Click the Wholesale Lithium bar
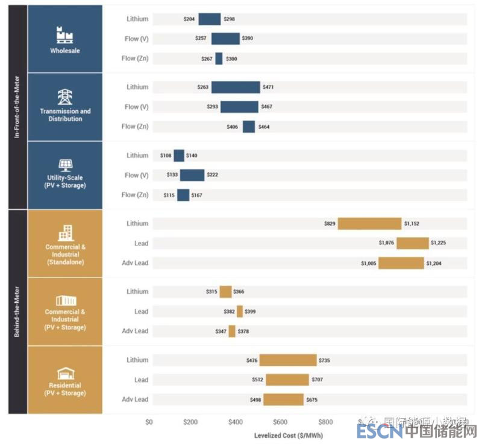point(210,19)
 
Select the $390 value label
point(248,39)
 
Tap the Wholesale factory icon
point(64,34)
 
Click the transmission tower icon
point(64,97)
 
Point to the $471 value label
point(268,87)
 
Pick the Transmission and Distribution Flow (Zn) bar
point(249,127)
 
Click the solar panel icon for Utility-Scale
point(64,165)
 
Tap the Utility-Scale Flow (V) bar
point(192,176)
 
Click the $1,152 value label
point(412,224)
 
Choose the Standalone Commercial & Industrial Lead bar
point(412,243)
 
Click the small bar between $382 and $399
point(240,311)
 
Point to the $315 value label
point(211,292)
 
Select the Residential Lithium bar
point(288,360)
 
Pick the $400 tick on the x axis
point(236,422)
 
